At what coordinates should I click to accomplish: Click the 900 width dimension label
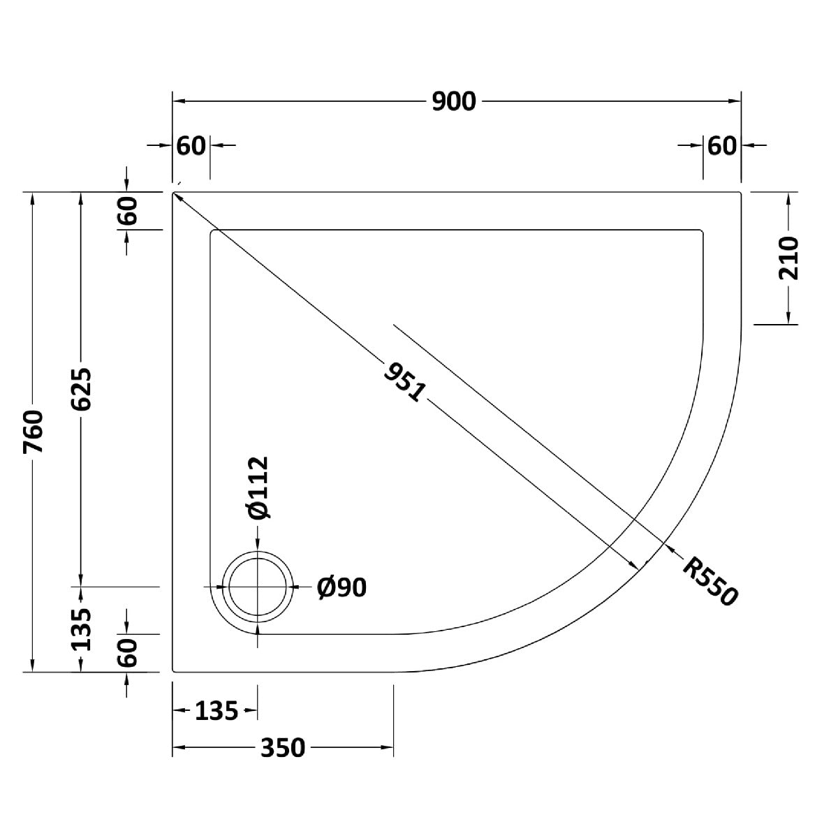click(x=454, y=102)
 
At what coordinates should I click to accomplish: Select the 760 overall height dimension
click(x=34, y=432)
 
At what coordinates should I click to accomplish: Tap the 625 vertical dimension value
click(x=81, y=389)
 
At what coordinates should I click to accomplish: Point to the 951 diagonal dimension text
click(x=404, y=383)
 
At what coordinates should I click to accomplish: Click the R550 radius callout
click(x=710, y=582)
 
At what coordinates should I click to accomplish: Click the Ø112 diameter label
click(x=259, y=487)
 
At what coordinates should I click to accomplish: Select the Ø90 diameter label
click(x=341, y=587)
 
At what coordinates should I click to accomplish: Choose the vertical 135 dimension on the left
click(x=81, y=629)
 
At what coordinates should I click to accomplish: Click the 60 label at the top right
click(x=722, y=146)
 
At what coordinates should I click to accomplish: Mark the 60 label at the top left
click(x=191, y=146)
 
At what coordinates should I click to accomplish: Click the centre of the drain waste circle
click(x=258, y=587)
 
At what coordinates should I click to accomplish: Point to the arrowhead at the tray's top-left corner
click(x=177, y=196)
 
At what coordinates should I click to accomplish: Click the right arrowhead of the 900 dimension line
click(x=735, y=101)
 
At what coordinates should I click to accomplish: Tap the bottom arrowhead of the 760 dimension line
click(x=32, y=666)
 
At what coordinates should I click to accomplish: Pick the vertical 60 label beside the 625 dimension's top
click(x=127, y=210)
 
